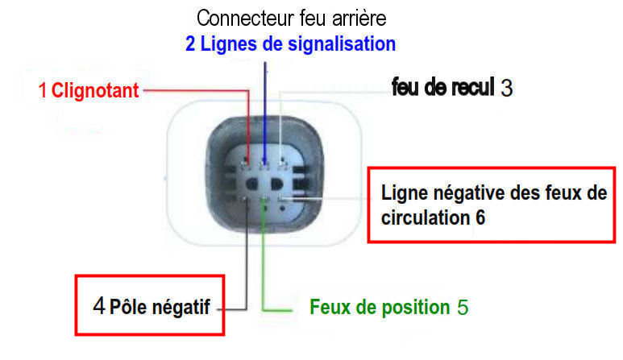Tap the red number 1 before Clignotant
[x=43, y=91]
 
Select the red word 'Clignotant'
[x=95, y=91]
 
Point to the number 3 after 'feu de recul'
[x=506, y=88]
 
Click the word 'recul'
[x=468, y=87]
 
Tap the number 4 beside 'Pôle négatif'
[x=98, y=306]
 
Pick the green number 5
[x=462, y=308]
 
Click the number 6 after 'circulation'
[x=479, y=217]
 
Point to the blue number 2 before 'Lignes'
[x=190, y=43]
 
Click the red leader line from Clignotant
[x=193, y=91]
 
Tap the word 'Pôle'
[x=127, y=307]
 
